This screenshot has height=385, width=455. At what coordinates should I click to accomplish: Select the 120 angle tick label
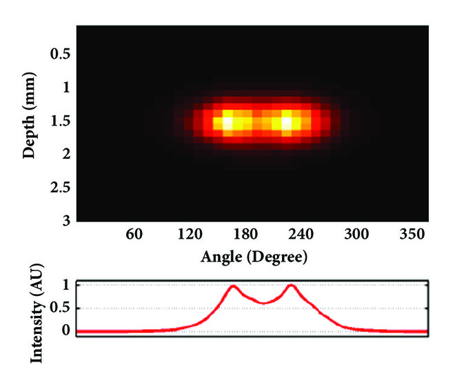[x=190, y=235]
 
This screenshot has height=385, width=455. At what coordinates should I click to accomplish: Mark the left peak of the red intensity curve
[x=233, y=286]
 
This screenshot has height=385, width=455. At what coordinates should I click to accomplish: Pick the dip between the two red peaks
[x=262, y=303]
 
